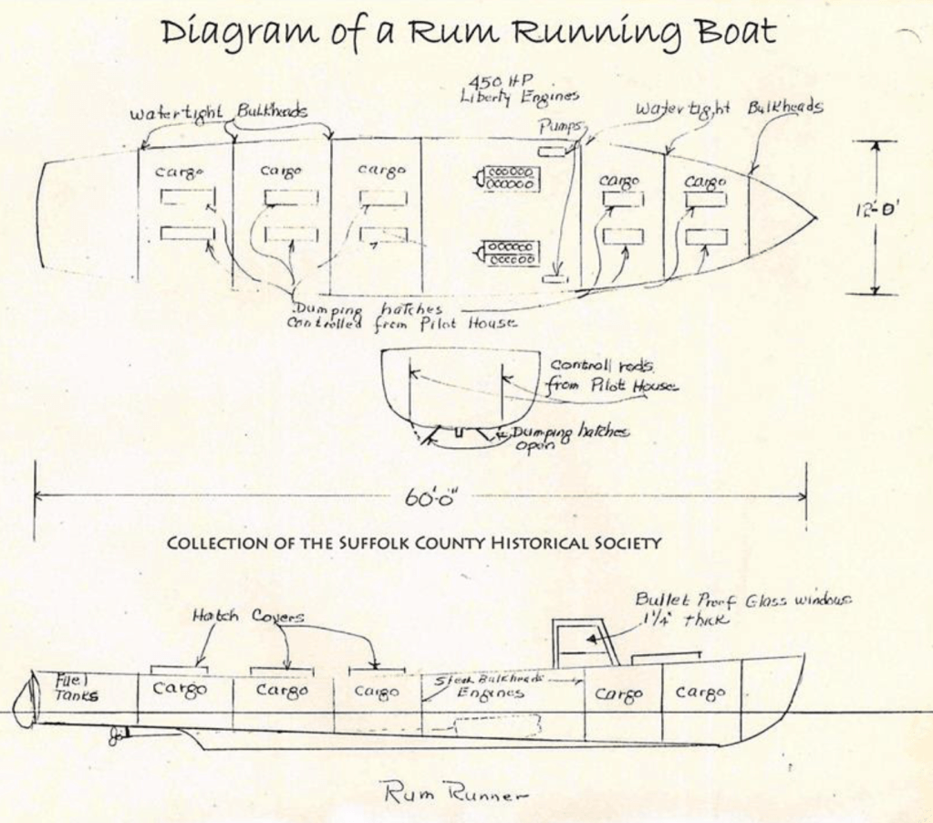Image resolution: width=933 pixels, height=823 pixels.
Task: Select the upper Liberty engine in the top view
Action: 511,178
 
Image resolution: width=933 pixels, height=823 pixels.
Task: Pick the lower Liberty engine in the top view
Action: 511,253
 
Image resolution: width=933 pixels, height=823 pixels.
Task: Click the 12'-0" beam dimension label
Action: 876,210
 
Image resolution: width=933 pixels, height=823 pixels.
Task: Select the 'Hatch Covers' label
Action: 247,617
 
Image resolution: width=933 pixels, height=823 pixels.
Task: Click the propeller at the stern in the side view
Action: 118,735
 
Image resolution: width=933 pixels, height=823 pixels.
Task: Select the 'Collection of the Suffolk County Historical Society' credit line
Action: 414,543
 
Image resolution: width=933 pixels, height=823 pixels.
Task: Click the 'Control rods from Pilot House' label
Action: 611,376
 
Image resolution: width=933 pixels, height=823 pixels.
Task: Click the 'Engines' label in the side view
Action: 491,693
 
